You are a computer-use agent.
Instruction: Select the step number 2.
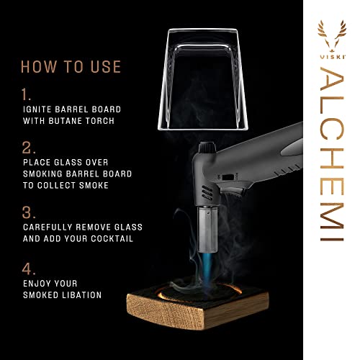(x=28, y=149)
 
